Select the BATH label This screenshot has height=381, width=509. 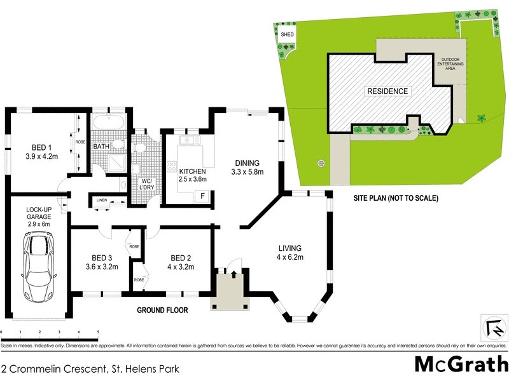click(x=102, y=147)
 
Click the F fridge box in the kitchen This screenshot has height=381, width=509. click(x=202, y=196)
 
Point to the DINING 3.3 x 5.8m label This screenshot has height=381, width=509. click(x=246, y=166)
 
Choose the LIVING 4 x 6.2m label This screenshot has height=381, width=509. click(x=289, y=252)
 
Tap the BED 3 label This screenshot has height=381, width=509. click(x=102, y=262)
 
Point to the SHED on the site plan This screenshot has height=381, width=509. click(x=287, y=36)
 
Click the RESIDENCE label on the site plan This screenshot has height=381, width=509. click(x=386, y=91)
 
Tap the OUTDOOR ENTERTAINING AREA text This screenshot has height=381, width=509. click(x=449, y=65)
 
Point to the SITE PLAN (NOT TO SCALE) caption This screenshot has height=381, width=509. click(x=396, y=198)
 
